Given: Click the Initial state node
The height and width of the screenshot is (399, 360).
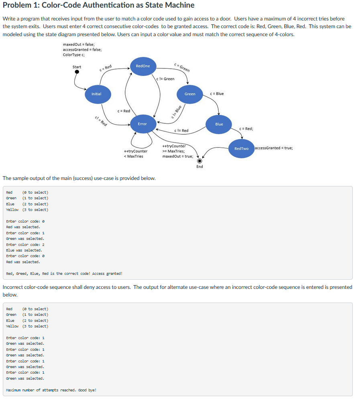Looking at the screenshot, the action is click(x=98, y=94).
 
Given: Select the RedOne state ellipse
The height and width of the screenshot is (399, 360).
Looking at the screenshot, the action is click(x=143, y=66).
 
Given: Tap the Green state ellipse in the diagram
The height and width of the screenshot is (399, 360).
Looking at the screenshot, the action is click(x=190, y=94).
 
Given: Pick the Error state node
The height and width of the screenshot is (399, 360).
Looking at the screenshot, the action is click(x=143, y=124).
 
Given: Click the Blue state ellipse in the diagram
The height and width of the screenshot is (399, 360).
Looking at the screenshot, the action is click(x=219, y=125).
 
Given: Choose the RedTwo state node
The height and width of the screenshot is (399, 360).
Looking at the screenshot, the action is click(x=241, y=149).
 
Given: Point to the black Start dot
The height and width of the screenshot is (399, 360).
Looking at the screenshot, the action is click(x=77, y=72).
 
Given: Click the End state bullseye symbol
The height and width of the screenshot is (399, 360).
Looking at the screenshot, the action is click(x=199, y=161).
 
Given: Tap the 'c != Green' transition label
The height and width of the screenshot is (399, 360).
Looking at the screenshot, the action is click(x=165, y=79).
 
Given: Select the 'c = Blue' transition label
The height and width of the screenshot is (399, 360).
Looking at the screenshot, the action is click(x=217, y=94).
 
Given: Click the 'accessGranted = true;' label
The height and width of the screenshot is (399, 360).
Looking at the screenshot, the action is click(x=274, y=148).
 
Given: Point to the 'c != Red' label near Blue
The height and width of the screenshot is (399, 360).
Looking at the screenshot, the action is click(x=181, y=131).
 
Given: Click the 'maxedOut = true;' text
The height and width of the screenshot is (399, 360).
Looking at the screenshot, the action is click(x=178, y=156).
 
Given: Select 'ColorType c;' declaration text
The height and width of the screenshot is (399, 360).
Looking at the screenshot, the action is click(x=74, y=55).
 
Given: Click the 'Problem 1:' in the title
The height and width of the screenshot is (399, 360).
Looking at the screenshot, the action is click(x=21, y=5).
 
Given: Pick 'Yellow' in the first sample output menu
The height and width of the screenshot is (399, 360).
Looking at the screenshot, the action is click(x=12, y=210).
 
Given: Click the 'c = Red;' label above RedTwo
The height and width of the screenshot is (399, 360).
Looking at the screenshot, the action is click(x=246, y=129).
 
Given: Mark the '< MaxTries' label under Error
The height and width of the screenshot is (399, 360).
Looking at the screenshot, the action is click(x=134, y=156).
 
